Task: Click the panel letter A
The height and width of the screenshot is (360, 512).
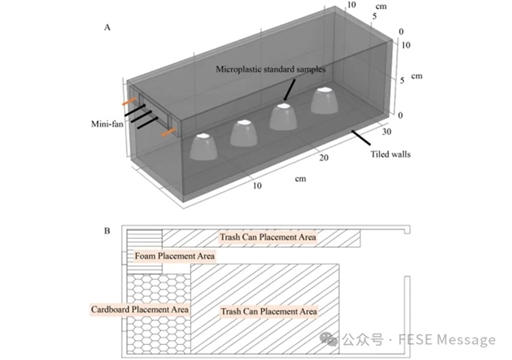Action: (107, 26)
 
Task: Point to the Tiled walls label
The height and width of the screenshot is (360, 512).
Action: (391, 154)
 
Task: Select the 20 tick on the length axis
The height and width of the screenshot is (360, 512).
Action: (323, 160)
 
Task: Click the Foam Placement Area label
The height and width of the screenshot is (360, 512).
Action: (174, 256)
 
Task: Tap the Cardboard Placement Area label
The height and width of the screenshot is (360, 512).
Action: (140, 309)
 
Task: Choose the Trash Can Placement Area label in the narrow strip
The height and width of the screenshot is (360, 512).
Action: (269, 237)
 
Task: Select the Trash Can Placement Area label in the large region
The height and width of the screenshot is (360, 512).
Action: (269, 311)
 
